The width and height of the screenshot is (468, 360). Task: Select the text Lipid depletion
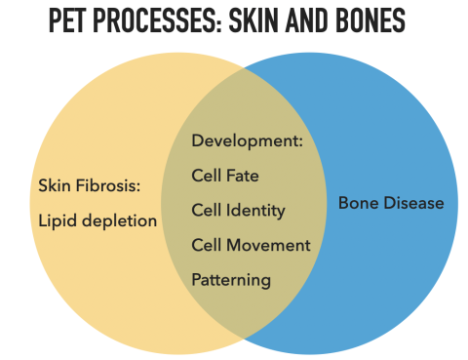pos(97,220)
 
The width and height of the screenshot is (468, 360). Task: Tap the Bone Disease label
pos(391,203)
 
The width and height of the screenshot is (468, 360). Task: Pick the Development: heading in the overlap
pos(248,140)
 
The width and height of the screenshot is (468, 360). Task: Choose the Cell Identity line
pos(238,210)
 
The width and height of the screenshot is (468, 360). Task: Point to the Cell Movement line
pos(251,245)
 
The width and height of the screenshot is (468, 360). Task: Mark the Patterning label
pos(231,280)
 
